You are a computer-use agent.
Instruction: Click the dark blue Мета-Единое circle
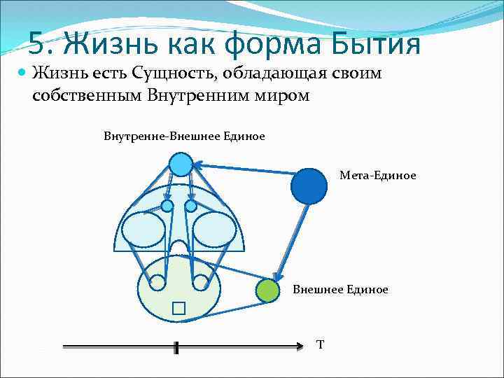309,185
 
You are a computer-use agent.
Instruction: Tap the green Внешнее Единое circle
266,290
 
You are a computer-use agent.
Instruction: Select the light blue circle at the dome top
181,164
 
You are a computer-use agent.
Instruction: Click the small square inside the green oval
178,309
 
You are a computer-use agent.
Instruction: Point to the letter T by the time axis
320,344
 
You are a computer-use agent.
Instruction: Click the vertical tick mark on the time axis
176,347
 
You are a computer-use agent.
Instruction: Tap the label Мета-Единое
377,176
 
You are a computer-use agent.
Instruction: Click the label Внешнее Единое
340,289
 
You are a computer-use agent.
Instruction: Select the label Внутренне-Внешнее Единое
184,136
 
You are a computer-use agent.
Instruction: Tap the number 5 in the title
37,44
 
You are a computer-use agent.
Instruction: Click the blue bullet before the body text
23,72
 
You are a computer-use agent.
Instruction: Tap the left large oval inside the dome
143,229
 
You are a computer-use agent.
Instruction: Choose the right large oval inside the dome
213,229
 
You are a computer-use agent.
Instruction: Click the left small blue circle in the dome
167,206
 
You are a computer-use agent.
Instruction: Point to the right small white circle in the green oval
199,282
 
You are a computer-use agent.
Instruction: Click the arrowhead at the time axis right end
297,346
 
